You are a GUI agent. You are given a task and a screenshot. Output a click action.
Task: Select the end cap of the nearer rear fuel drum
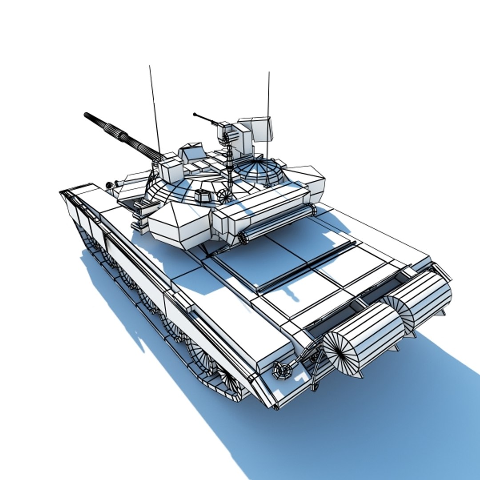[x=340, y=352]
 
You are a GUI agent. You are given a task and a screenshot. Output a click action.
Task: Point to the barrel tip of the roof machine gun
[x=195, y=114]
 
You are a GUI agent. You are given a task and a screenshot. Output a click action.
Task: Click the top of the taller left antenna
[x=150, y=66]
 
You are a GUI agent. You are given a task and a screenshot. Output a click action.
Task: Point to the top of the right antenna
[x=268, y=73]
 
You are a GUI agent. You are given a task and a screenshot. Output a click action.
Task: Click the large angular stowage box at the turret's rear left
[x=176, y=224]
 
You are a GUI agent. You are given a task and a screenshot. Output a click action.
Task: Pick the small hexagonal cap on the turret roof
[x=202, y=195]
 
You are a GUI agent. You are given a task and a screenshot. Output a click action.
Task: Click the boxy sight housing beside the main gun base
[x=171, y=169]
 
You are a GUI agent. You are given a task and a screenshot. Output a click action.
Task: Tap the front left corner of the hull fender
[x=62, y=192]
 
